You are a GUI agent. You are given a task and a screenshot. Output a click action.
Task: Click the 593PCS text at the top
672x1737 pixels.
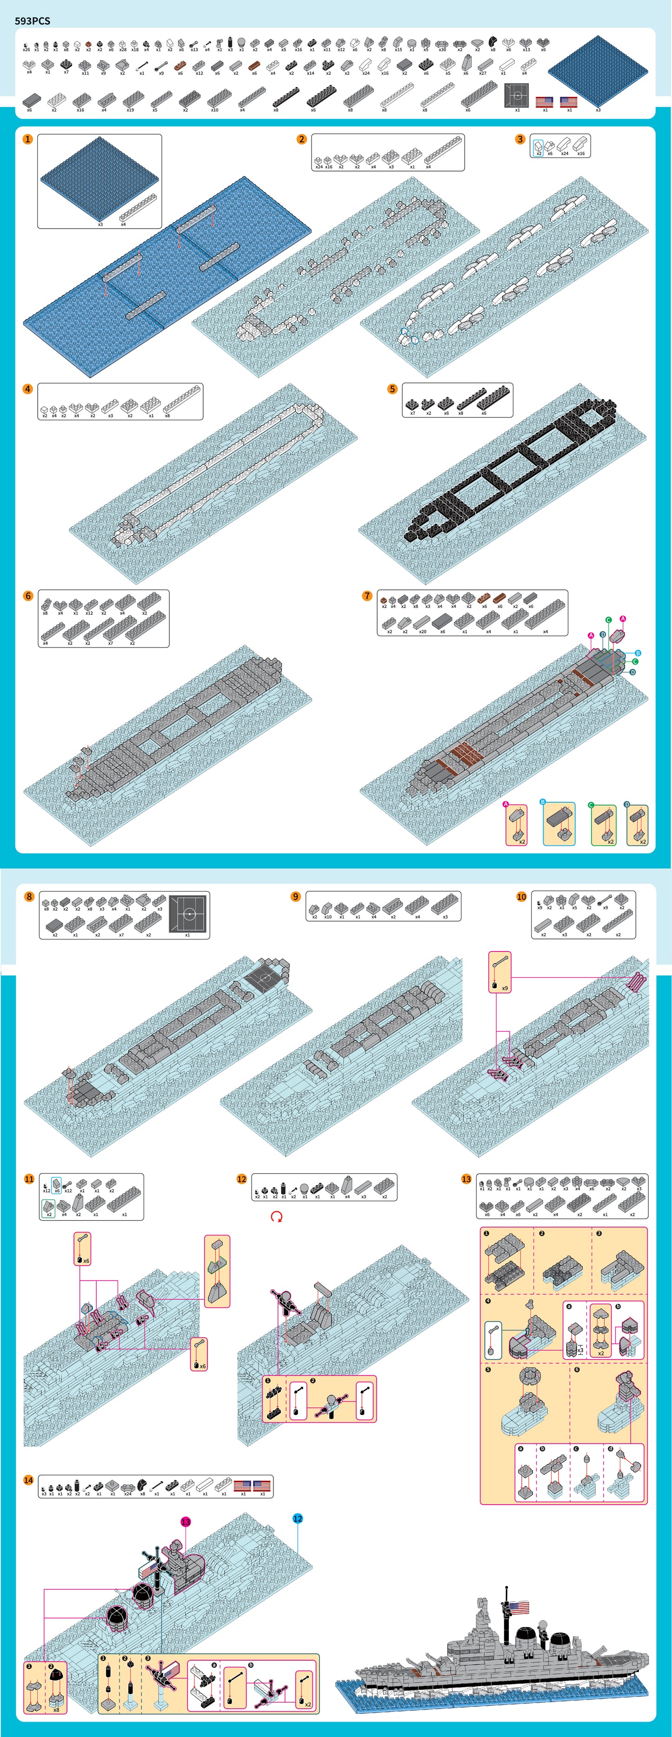(x=33, y=21)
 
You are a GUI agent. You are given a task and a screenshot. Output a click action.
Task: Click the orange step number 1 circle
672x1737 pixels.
(x=27, y=139)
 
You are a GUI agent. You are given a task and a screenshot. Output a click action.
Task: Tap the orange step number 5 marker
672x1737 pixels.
(x=392, y=389)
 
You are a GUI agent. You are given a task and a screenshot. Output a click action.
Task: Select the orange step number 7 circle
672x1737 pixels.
(x=367, y=595)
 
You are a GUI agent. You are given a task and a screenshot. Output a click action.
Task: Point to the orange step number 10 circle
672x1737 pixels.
(x=521, y=896)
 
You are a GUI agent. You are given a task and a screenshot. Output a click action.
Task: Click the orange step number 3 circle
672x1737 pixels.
(x=519, y=139)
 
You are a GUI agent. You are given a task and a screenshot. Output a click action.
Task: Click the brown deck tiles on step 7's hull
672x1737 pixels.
(x=464, y=753)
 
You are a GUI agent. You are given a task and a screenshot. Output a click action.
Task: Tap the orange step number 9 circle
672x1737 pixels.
(x=295, y=896)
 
